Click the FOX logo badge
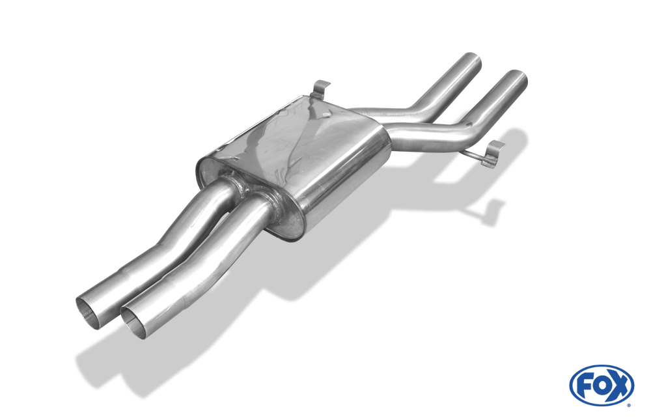602,385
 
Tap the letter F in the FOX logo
585,386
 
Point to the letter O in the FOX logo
601,386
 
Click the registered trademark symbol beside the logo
629,405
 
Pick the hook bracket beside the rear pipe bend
493,154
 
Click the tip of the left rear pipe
471,61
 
